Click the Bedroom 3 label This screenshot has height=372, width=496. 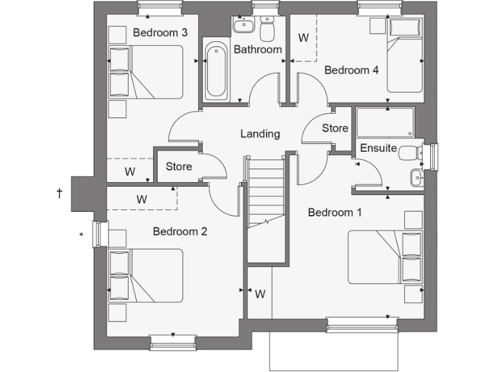point(160,33)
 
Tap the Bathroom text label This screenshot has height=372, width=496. point(258,50)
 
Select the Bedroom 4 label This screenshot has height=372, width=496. point(351,70)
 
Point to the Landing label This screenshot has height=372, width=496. point(260,134)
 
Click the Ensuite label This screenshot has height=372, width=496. point(378,148)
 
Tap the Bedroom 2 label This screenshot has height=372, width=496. point(180,231)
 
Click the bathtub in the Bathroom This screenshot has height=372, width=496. point(216,71)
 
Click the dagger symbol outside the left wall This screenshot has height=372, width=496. point(59,193)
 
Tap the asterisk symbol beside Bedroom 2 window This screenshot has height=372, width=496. point(81,236)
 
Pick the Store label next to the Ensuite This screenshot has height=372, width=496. point(335,129)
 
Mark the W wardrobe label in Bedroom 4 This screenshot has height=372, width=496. point(303,38)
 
